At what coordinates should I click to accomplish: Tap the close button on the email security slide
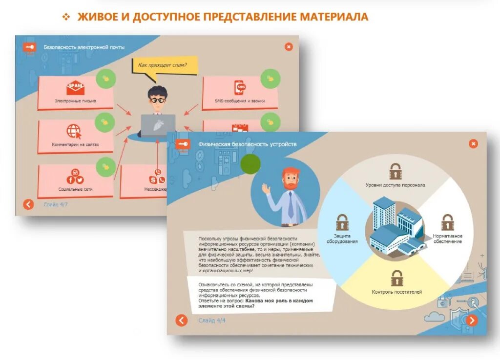pos(289,46)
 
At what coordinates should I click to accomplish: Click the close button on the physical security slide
pos(473,143)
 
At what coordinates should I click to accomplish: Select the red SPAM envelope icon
pos(75,88)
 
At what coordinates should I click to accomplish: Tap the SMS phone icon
pos(240,88)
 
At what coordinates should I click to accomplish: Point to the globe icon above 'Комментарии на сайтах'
pos(74,131)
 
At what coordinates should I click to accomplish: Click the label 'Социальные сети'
pos(76,189)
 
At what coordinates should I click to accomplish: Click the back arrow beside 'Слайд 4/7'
pos(29,204)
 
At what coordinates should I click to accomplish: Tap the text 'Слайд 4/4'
pos(212,320)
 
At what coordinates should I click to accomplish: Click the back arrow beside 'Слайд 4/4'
pos(182,320)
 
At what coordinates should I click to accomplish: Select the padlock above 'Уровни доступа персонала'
pos(395,171)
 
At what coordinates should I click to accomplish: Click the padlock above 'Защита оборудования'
pos(342,222)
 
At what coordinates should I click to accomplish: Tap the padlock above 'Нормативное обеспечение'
pos(447,222)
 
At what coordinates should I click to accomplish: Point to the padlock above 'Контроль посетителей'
pos(396,278)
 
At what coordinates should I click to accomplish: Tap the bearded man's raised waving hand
pos(266,189)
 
